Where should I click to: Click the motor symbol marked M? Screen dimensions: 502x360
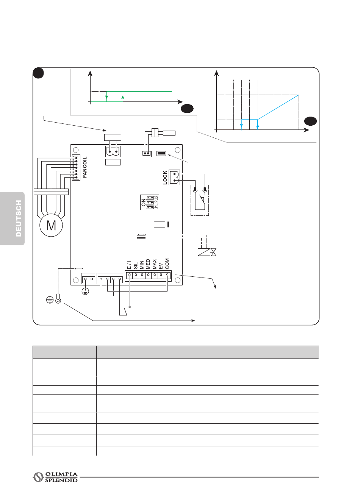(51, 226)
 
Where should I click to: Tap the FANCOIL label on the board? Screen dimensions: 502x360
(85, 167)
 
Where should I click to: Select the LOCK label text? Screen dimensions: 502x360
(165, 177)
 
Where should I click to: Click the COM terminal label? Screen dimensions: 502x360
(167, 264)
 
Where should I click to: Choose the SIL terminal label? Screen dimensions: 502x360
(136, 265)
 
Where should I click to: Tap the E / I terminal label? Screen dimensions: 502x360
(129, 265)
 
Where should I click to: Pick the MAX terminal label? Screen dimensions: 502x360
(155, 264)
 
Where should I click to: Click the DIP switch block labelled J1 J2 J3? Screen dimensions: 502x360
(150, 203)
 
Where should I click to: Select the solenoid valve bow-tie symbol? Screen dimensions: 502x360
(213, 252)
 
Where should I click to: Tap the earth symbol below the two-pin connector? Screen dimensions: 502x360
(86, 292)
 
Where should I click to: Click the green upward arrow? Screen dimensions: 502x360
(123, 97)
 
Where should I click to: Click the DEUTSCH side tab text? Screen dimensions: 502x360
(19, 218)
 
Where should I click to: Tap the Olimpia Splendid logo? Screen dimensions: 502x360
(55, 477)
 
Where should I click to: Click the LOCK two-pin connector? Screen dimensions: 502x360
(174, 177)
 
